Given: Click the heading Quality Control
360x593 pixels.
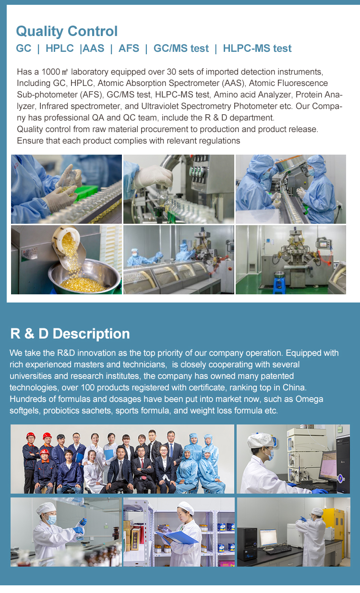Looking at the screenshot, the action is click(67, 31).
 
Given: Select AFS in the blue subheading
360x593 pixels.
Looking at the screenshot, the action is click(129, 48).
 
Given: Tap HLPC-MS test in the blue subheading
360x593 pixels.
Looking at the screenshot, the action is click(257, 48).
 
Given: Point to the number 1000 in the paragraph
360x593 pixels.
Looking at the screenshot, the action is click(51, 72).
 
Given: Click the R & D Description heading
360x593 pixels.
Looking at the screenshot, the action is click(70, 334).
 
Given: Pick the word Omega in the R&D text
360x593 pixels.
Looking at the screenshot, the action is click(309, 399).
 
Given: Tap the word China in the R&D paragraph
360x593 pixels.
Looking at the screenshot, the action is click(294, 387).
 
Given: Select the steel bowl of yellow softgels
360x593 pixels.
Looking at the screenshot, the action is click(84, 277).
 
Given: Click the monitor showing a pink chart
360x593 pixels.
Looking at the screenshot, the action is click(328, 465).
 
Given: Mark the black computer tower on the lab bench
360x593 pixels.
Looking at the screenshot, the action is click(247, 543).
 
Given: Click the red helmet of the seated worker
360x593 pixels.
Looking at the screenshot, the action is click(45, 452).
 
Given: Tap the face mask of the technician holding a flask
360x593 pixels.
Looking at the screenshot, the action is click(51, 520).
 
